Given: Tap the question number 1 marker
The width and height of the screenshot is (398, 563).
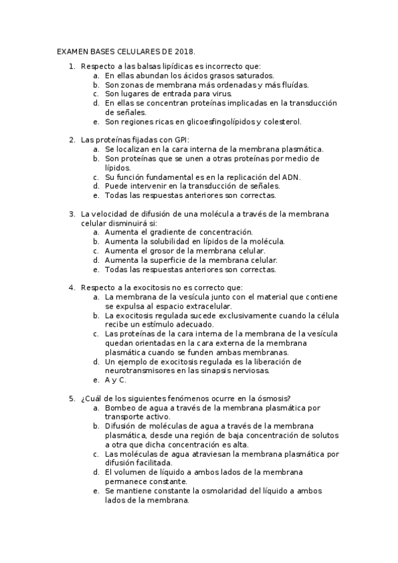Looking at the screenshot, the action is [72, 66].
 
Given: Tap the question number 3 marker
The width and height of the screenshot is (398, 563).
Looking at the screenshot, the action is [72, 214].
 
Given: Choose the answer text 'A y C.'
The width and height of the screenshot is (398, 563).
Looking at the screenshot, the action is [116, 380].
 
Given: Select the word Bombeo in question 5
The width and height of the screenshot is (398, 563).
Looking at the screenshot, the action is [119, 408].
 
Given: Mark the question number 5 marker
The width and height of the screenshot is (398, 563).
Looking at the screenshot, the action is [72, 398].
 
